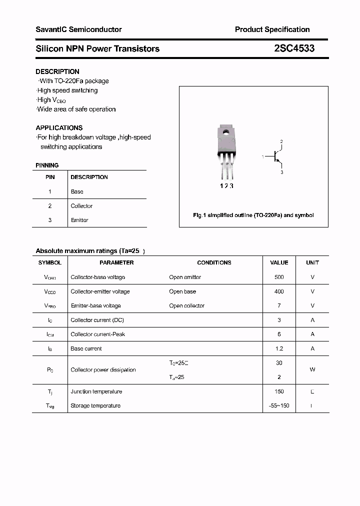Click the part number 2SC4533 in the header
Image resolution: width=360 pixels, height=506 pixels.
point(294,48)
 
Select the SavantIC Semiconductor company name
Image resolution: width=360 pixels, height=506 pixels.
point(78,29)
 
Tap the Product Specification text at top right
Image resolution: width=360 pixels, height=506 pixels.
point(272,29)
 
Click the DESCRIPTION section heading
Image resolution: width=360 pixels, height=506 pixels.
point(57,71)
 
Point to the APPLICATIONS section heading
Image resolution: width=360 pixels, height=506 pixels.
point(59,127)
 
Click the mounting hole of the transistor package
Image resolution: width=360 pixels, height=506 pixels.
point(226,132)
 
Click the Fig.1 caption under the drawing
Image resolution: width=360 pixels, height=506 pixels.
point(253,215)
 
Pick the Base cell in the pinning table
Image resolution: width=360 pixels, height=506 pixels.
point(77,191)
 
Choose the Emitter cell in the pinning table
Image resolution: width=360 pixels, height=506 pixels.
point(79,220)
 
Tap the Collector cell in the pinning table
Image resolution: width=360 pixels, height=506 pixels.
point(81,206)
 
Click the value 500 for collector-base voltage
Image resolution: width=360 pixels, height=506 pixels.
point(279,277)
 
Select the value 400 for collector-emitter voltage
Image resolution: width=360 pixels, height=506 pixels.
point(279,291)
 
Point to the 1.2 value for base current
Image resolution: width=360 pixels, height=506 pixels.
point(279,348)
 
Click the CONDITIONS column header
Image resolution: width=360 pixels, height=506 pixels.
point(214,262)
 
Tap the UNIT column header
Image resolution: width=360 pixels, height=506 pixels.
point(312,262)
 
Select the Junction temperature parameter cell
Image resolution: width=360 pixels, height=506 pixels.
point(96,391)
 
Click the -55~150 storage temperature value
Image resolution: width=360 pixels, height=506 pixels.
point(279,405)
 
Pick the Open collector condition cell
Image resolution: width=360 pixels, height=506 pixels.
point(186,305)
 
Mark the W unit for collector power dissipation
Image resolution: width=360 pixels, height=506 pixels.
point(312,369)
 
